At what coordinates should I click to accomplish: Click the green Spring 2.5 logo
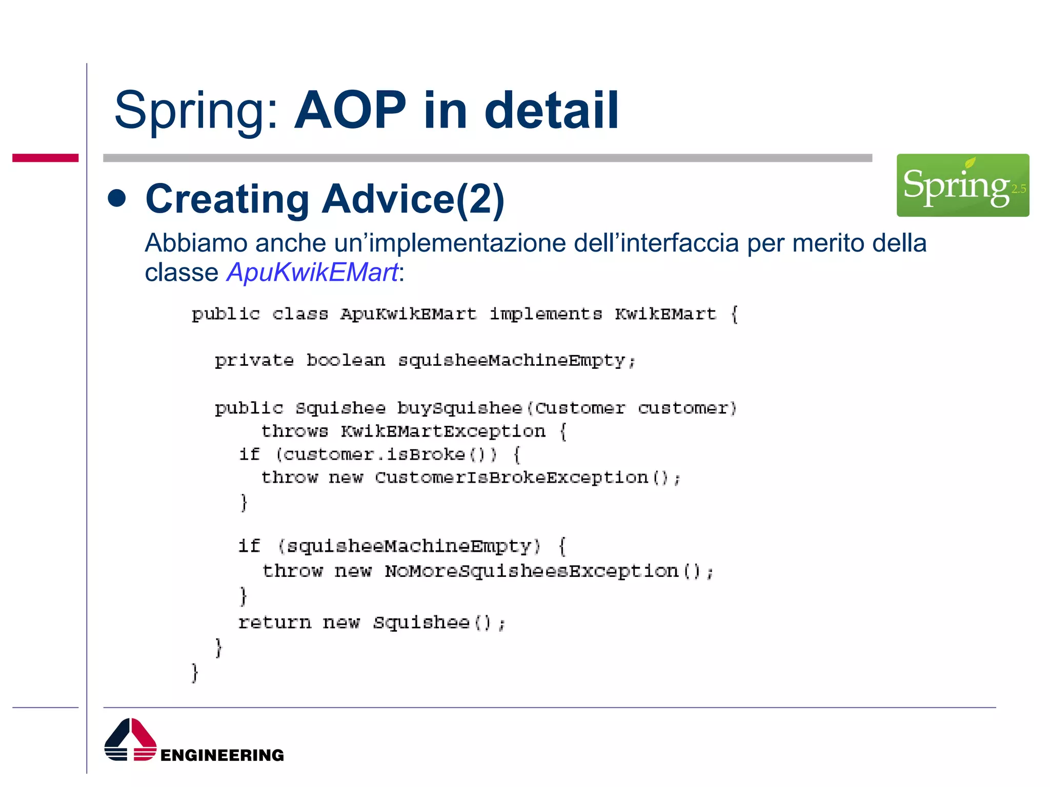click(962, 185)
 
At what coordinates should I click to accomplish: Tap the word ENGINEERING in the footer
click(222, 755)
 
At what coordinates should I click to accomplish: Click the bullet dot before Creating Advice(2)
click(117, 199)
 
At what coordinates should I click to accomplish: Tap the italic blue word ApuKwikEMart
click(312, 272)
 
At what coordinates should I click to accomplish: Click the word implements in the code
click(546, 314)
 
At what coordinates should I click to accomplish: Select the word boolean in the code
click(346, 361)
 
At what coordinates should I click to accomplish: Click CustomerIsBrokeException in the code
click(511, 478)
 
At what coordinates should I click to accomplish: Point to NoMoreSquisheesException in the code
click(532, 571)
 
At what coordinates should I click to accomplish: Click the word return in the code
click(275, 623)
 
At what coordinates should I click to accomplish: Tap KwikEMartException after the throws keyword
click(443, 431)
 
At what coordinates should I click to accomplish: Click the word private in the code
click(254, 361)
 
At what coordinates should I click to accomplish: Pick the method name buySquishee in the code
click(459, 408)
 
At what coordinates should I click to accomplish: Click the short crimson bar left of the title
click(45, 158)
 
